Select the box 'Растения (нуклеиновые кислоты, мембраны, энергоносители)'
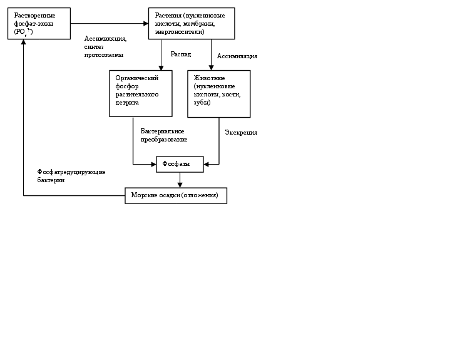point(192,24)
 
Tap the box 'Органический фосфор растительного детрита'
point(140,93)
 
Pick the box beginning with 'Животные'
point(218,93)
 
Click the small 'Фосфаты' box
point(180,164)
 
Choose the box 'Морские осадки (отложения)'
point(175,195)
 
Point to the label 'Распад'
point(180,54)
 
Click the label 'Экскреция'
point(240,133)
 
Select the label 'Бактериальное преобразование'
point(163,135)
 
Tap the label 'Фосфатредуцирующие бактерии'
point(71,176)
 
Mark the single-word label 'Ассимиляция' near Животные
point(237,56)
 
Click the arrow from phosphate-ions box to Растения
point(109,24)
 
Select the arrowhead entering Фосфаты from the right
point(207,165)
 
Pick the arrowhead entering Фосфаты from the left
point(153,165)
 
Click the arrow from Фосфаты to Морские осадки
point(180,180)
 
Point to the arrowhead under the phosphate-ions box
point(24,44)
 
